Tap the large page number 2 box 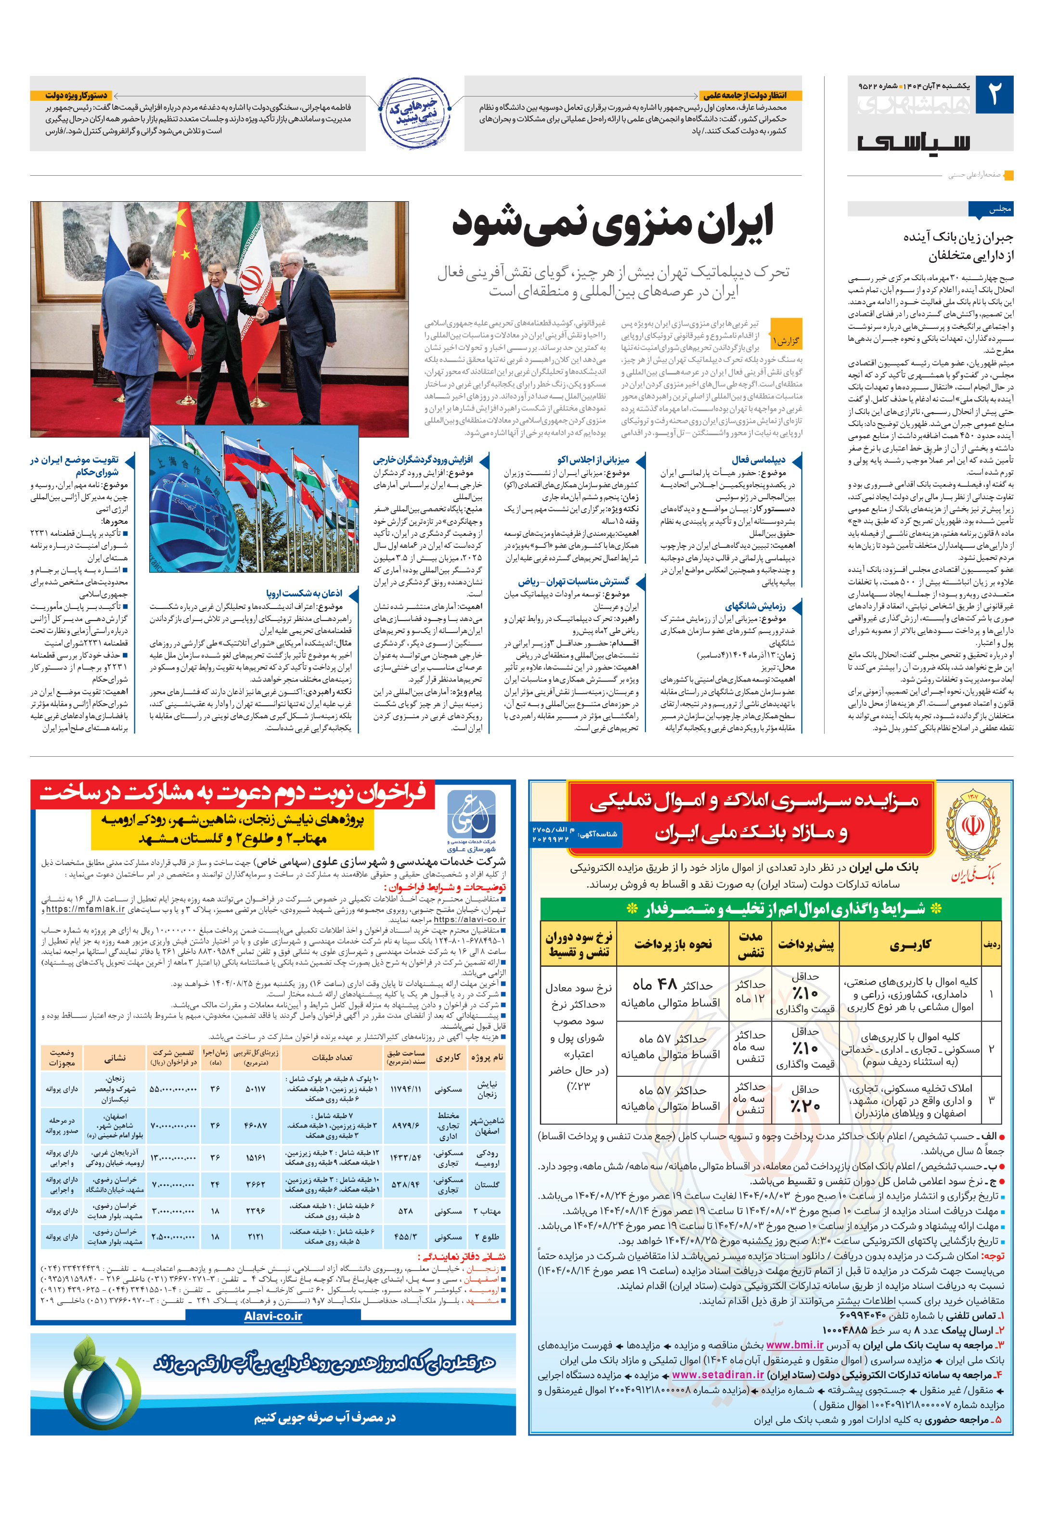point(994,94)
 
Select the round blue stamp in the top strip point(413,113)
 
